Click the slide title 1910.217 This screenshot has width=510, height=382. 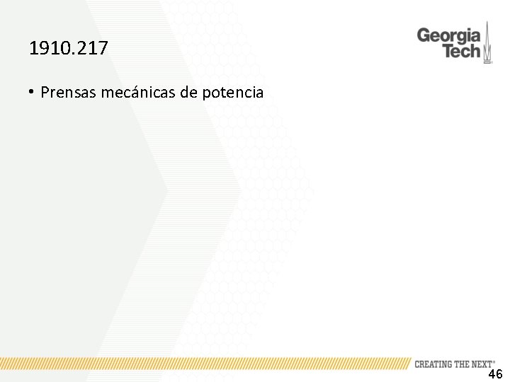pos(69,49)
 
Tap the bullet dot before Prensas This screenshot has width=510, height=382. pos(32,91)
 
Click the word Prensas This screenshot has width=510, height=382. pos(65,92)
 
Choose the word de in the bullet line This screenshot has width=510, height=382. pos(190,92)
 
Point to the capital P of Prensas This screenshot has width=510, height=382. pos(45,92)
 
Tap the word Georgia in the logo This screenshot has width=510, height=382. pos(448,35)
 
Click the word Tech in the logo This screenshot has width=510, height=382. pos(461,52)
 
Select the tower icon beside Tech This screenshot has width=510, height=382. pos(487,45)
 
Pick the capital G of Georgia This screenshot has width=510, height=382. pos(424,35)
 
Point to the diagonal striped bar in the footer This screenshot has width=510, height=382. pos(205,364)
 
